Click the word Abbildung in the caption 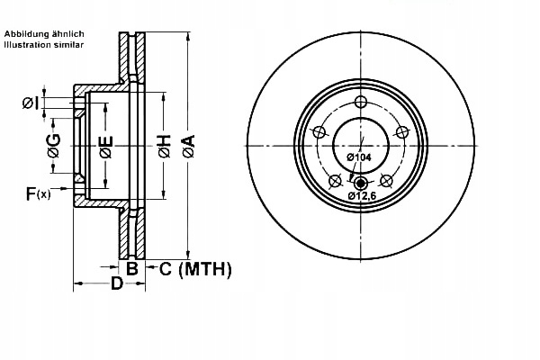click(x=26, y=32)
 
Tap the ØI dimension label click(x=30, y=103)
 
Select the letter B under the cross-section click(x=131, y=267)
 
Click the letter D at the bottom click(x=116, y=285)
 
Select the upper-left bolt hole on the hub click(x=318, y=132)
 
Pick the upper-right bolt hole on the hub click(x=404, y=132)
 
